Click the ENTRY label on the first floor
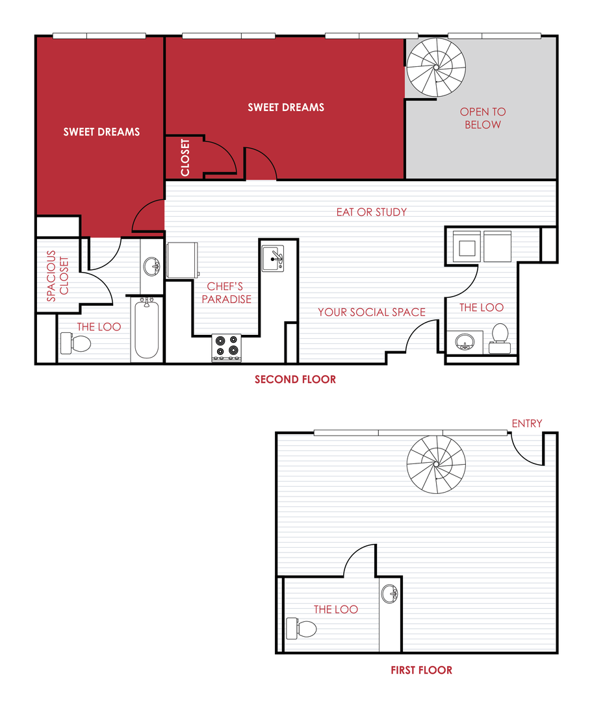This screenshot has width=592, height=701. click(x=526, y=423)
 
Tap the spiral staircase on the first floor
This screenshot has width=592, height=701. click(x=436, y=465)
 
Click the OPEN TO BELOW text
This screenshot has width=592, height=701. click(x=482, y=118)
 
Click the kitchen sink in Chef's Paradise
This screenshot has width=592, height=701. click(x=273, y=258)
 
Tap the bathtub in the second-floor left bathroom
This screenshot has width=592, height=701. click(x=147, y=329)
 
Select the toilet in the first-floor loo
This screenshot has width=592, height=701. click(x=301, y=628)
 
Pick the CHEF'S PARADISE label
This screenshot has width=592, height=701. click(x=225, y=293)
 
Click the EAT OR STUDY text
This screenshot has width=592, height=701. click(x=371, y=212)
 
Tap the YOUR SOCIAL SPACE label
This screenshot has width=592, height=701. click(x=371, y=312)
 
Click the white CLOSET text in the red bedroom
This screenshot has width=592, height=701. click(x=185, y=157)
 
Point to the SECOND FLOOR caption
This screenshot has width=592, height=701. click(x=295, y=379)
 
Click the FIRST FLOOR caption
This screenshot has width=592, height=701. click(x=421, y=670)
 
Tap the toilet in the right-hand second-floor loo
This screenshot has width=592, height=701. click(x=499, y=334)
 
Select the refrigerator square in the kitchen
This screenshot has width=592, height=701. click(x=182, y=260)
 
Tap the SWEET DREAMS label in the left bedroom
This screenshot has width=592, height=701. click(x=101, y=132)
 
